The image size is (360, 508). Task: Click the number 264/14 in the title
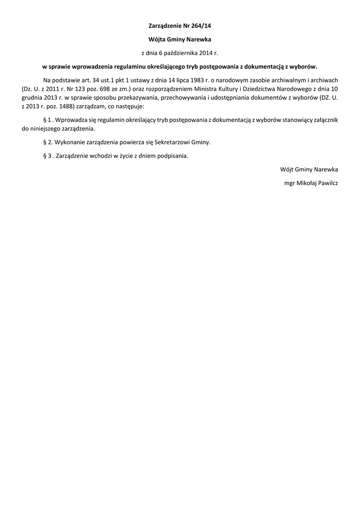[207, 24]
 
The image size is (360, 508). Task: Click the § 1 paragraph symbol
[47, 120]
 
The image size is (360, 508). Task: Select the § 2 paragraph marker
[47, 142]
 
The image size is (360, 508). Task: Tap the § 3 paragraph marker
[47, 156]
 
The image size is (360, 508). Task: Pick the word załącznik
[324, 120]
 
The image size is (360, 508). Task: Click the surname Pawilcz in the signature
[325, 183]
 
